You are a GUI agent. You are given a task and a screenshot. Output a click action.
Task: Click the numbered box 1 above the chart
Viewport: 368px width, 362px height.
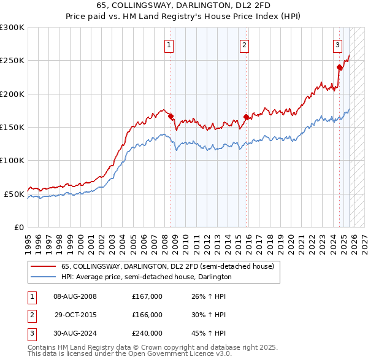coord(169,44)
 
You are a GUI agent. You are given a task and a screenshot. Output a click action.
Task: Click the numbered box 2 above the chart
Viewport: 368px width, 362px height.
coord(244,44)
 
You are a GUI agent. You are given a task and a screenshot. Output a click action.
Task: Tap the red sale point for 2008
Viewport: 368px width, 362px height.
coord(171,117)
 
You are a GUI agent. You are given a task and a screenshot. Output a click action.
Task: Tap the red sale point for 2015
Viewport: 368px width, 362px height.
coord(246,117)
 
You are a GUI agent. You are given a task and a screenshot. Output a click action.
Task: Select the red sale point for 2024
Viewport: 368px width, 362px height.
coord(339,67)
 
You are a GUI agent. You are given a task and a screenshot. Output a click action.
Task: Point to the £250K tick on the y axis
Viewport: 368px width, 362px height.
coord(12,61)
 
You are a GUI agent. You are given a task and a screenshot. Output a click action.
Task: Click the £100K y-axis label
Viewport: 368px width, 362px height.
coord(12,161)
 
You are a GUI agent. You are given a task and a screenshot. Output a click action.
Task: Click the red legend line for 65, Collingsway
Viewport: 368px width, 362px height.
coord(42,267)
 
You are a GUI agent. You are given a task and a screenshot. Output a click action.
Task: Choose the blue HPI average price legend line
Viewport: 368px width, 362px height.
coord(42,277)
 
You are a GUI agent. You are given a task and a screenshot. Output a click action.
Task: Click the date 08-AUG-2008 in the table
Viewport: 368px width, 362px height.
coord(75,296)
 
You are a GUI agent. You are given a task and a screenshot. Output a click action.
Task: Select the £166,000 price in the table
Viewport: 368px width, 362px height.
coord(147,315)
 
